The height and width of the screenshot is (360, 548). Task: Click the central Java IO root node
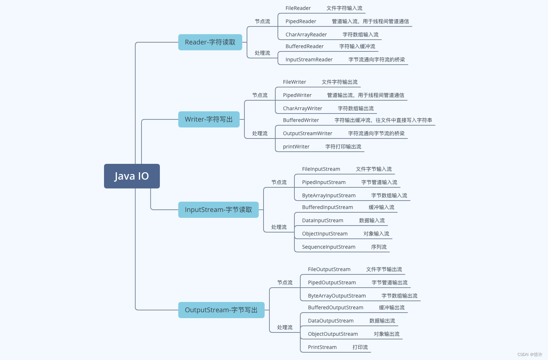132,176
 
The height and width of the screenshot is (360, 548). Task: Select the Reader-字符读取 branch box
210,42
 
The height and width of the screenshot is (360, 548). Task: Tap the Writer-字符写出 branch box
208,119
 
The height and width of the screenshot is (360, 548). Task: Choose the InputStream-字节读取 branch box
218,210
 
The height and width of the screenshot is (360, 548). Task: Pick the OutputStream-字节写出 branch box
221,310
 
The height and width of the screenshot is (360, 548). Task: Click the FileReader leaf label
298,8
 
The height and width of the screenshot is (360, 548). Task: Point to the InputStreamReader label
309,60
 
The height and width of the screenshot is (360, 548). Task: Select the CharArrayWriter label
302,108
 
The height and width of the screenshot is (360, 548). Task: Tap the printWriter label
296,147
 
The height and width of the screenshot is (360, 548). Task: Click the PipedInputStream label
323,182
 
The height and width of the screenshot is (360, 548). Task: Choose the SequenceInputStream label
329,247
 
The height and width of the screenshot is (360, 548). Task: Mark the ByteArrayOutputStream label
337,296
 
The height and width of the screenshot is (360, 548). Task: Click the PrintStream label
322,347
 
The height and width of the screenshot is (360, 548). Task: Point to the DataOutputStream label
330,321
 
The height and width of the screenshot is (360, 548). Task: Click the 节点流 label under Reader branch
262,21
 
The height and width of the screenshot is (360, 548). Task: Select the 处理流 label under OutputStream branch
284,327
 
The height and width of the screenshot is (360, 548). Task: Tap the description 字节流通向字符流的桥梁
376,60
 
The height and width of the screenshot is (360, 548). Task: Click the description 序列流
379,247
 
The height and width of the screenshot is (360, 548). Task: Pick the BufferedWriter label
301,120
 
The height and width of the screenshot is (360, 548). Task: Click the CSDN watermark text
530,354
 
